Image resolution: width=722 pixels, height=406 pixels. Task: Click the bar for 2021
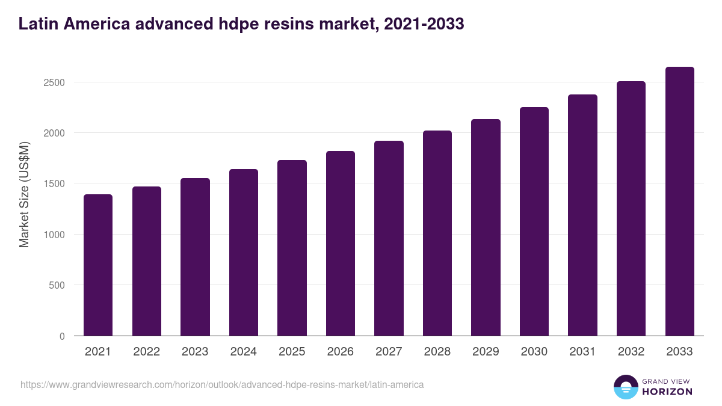coord(98,265)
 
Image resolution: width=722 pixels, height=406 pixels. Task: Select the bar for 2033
coord(679,201)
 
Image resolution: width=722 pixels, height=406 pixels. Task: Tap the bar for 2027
coord(389,238)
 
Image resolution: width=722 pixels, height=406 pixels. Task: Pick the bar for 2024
coord(244,253)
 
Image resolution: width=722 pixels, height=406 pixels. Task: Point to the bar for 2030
coord(534,221)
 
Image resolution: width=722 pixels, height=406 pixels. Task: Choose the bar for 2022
coord(147,261)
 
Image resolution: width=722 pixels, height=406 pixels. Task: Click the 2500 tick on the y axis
coord(54,82)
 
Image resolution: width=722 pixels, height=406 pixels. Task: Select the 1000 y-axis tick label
coord(54,235)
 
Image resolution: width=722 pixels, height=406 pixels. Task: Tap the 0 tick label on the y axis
coord(62,336)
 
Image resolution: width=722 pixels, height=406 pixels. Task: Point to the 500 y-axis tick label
coord(57,285)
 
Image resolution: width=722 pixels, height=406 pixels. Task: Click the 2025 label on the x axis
coord(292,352)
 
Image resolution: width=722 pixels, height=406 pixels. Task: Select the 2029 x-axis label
coord(486,352)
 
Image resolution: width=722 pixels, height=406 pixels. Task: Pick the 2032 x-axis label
coord(631,352)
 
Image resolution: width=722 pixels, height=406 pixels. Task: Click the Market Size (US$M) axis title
coord(24,195)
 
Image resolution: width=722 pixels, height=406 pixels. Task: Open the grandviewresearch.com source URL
coord(222,384)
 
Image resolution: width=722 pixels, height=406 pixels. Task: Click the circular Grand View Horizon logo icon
coord(625,387)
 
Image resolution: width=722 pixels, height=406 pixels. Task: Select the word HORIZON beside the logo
coord(667,392)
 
